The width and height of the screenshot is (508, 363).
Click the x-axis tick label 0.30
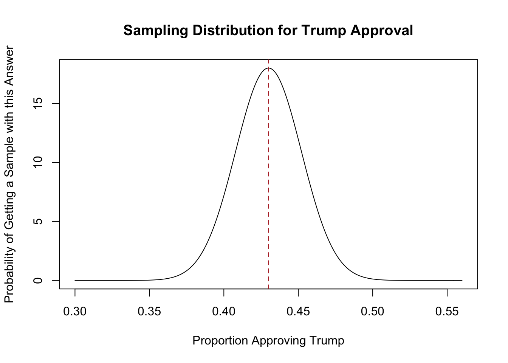click(75, 312)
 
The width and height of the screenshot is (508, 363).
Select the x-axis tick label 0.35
click(149, 312)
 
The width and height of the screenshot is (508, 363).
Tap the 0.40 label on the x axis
click(224, 312)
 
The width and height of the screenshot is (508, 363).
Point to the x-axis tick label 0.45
click(298, 312)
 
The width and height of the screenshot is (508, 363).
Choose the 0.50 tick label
click(373, 312)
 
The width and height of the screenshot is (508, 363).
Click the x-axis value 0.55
click(447, 312)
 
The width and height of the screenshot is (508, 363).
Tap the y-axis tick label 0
click(38, 281)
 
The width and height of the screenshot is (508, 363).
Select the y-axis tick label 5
click(38, 222)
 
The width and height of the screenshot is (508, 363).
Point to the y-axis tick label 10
click(38, 163)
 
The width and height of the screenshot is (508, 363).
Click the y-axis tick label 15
click(38, 104)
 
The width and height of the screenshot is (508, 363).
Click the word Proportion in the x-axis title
click(220, 341)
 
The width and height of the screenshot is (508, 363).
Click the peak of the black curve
click(268, 68)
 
